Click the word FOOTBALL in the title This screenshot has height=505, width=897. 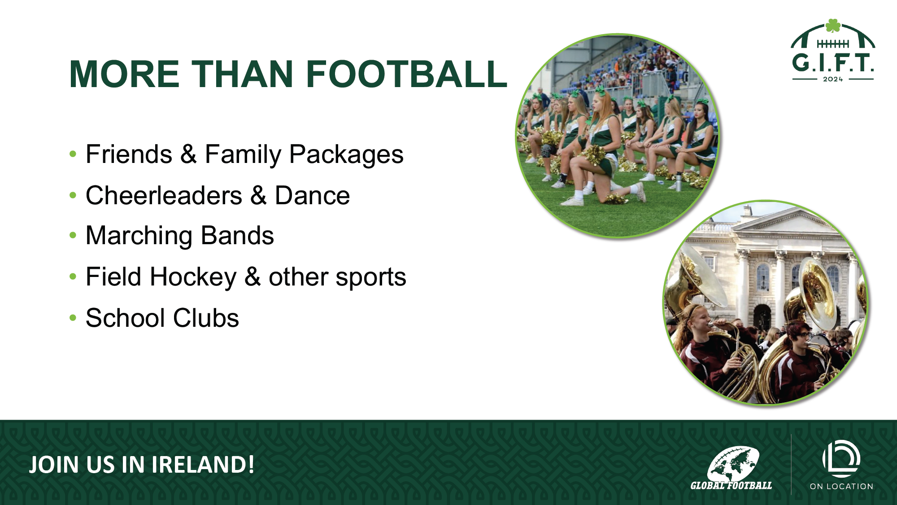[406, 74]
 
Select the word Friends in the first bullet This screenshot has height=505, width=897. [129, 154]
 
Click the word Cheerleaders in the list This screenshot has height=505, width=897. [164, 195]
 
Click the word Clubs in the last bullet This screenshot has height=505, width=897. [206, 318]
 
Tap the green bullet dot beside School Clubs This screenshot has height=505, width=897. [73, 318]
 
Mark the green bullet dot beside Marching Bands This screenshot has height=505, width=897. [73, 236]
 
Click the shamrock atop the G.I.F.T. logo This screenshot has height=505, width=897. [833, 26]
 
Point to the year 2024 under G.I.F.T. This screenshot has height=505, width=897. [833, 79]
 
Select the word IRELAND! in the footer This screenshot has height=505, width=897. [203, 465]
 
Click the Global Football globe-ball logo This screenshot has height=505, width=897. [733, 464]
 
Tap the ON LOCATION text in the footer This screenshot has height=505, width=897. [841, 486]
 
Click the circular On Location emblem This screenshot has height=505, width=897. [841, 459]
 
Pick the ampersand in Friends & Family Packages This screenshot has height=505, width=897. [188, 154]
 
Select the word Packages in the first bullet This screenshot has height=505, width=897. [346, 154]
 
